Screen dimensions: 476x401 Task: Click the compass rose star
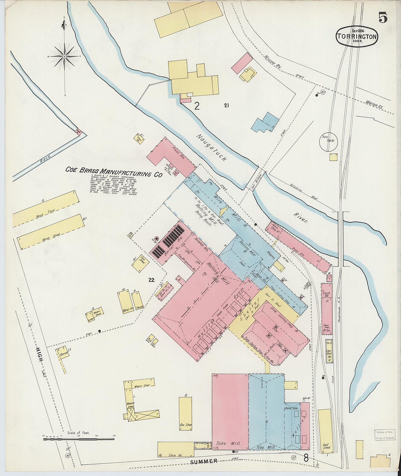pos(64,56)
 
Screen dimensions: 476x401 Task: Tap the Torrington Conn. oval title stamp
pos(357,36)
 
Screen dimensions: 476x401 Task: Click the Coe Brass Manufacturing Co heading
pos(114,172)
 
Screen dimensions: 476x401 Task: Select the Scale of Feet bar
pos(79,439)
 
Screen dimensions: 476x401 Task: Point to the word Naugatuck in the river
pos(211,147)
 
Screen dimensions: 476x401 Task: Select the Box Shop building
pos(185,413)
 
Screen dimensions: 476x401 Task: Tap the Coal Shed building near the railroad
pos(325,431)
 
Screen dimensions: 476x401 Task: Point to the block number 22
pos(152,280)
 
